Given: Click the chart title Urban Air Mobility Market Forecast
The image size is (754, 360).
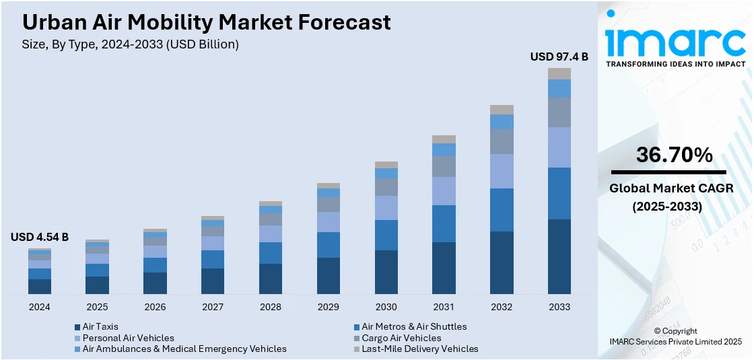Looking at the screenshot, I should click(x=206, y=22).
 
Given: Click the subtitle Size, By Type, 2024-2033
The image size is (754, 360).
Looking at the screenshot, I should click(x=131, y=44).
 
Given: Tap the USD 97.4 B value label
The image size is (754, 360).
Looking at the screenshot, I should click(x=559, y=57).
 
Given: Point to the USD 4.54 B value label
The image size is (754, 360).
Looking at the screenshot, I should click(x=40, y=237).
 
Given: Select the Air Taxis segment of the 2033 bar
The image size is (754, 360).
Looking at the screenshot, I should click(x=559, y=256).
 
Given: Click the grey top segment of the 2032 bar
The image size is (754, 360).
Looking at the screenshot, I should click(x=502, y=110).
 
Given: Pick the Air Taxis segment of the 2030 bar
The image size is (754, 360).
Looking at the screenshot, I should click(x=386, y=272).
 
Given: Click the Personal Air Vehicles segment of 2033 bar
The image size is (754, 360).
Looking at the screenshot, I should click(x=559, y=147).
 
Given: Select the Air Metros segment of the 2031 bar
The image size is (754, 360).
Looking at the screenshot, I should click(x=444, y=223).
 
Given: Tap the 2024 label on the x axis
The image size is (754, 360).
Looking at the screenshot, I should click(x=40, y=307).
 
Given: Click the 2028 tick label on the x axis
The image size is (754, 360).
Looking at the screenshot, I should click(x=271, y=307).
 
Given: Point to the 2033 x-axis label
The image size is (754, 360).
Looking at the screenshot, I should click(x=559, y=307).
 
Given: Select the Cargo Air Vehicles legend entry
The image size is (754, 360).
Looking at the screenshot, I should click(x=401, y=338).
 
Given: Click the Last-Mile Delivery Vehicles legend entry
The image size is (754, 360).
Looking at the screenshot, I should click(x=419, y=349).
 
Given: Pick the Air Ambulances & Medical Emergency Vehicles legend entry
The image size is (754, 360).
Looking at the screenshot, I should click(x=184, y=349).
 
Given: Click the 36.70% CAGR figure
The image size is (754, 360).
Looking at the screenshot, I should click(x=675, y=155).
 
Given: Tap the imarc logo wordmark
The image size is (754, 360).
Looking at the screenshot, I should click(x=675, y=42).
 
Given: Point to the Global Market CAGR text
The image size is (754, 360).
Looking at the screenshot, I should click(x=671, y=188).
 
